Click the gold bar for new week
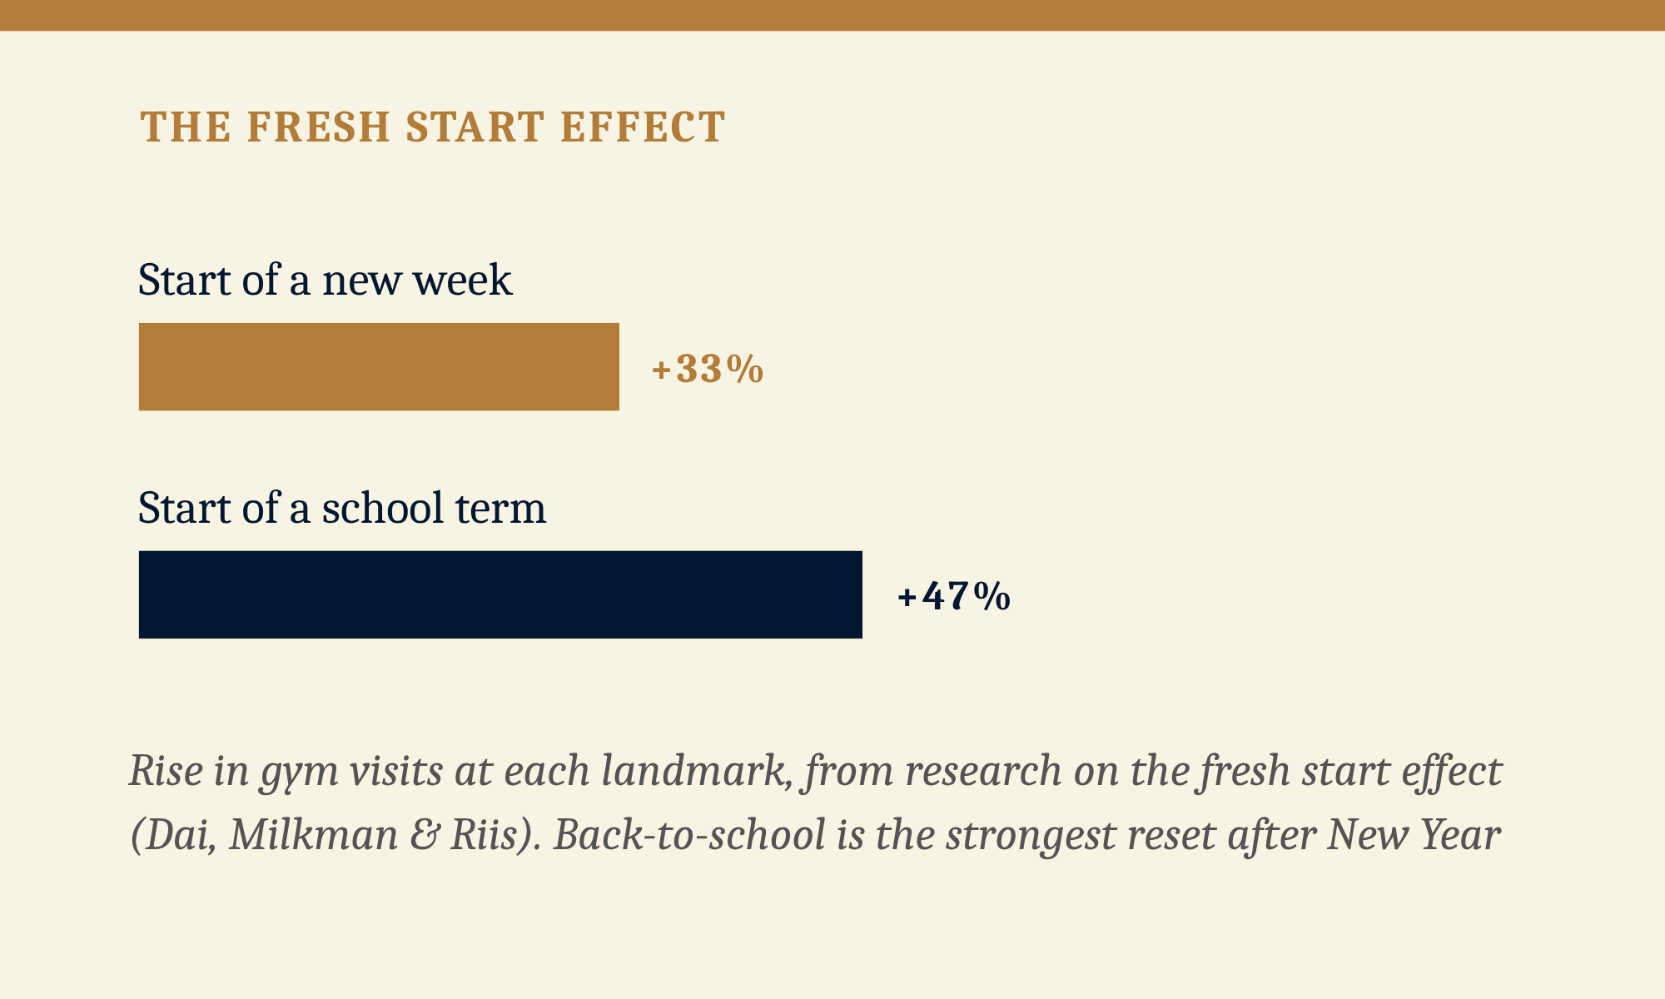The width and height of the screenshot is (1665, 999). [379, 366]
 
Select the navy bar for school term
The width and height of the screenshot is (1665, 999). [500, 594]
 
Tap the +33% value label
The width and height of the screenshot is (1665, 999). [708, 369]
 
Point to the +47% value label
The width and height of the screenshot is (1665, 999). [954, 597]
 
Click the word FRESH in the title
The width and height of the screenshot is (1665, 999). [319, 127]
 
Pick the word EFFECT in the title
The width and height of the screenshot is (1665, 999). [643, 127]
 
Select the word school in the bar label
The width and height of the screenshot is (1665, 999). [382, 508]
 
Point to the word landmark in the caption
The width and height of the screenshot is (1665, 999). [697, 771]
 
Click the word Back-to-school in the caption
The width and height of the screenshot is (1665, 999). [689, 835]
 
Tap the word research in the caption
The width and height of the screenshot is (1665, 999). [983, 771]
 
